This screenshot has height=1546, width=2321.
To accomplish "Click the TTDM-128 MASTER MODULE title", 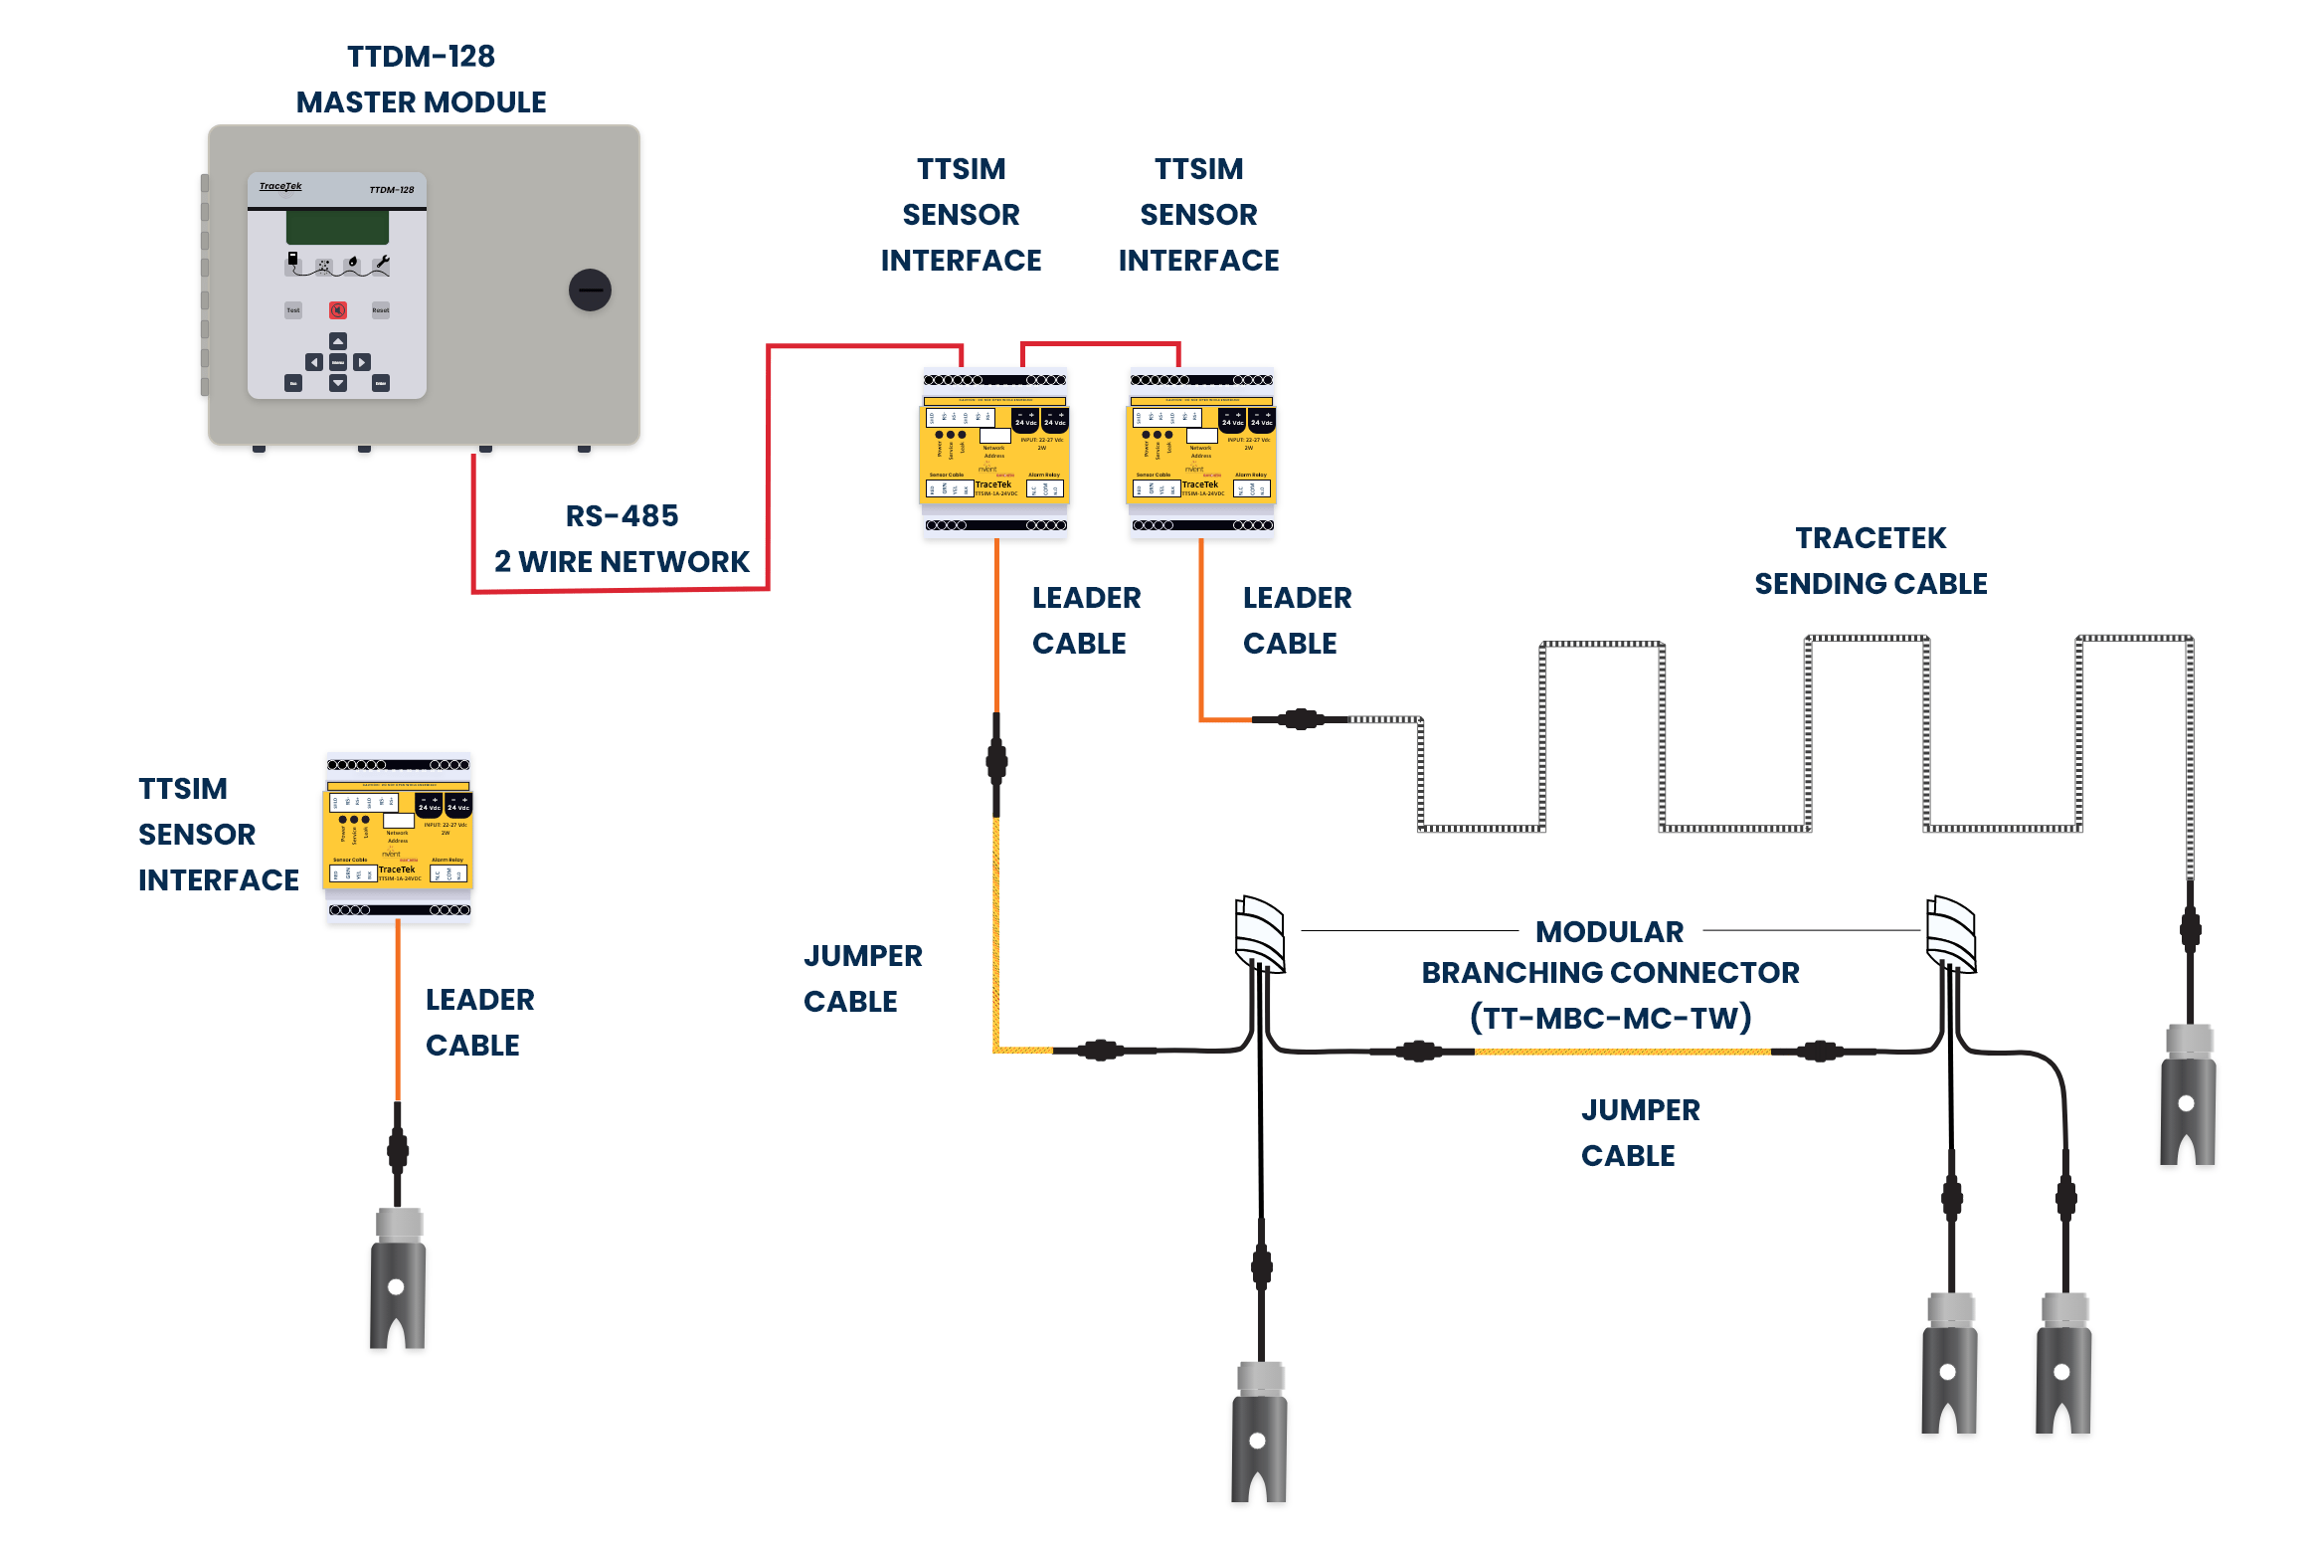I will point(421,80).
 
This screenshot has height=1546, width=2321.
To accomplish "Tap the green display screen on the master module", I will point(337,227).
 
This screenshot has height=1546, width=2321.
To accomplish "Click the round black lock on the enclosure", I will point(590,290).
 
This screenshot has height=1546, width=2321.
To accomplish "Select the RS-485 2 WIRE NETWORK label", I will point(622,538).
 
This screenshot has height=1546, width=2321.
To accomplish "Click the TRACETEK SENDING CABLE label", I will point(1870,560).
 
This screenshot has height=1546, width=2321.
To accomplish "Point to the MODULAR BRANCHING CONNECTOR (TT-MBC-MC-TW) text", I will point(1609,974).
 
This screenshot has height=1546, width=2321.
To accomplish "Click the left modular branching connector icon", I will point(1259,934).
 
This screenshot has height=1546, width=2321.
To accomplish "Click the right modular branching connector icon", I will point(1950,934).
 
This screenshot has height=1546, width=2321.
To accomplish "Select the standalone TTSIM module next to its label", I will point(398,838).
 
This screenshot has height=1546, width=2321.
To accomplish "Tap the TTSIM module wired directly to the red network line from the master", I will point(994,453).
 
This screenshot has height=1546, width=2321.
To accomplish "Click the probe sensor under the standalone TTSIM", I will point(398,1278).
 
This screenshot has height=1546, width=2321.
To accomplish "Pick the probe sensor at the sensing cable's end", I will point(2187,1094).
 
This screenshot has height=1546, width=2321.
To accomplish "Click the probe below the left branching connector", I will point(1259,1433).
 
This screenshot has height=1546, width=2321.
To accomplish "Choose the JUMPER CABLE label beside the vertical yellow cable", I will point(861,978).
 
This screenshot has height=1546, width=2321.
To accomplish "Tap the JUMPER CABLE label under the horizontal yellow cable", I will point(1640,1132).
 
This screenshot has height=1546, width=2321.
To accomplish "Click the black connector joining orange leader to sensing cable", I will point(1300,719).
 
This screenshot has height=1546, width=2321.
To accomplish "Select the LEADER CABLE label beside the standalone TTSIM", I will point(479,1022).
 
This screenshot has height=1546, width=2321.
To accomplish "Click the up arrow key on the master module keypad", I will point(338,341).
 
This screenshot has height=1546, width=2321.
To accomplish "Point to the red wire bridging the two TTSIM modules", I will point(1100,344).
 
